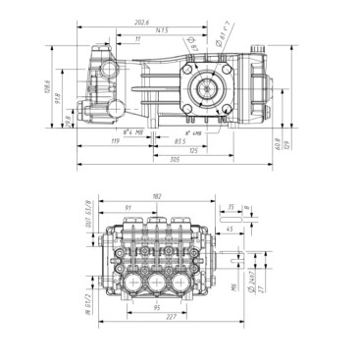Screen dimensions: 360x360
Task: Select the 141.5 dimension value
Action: (146, 29)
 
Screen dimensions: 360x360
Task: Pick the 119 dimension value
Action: (117, 142)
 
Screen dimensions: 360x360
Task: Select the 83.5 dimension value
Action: (180, 142)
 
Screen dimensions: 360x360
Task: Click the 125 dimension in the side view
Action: (194, 151)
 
